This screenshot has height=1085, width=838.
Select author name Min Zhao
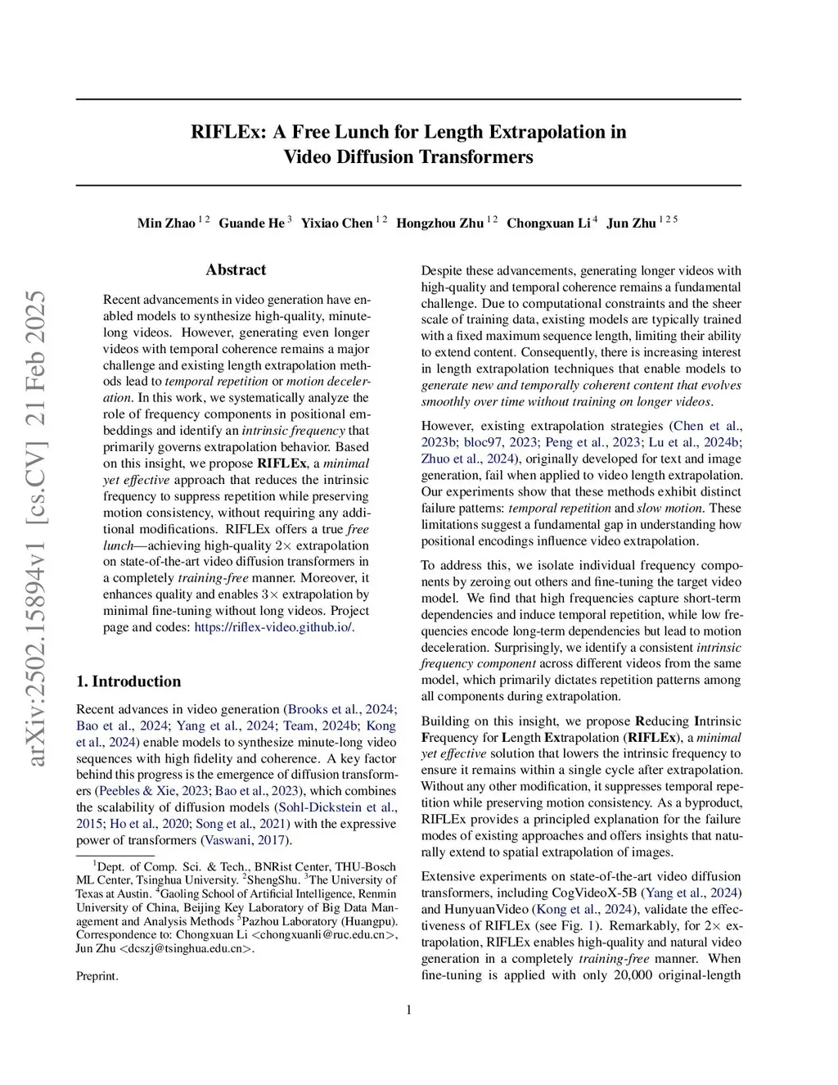click(166, 223)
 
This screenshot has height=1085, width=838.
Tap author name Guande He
click(251, 223)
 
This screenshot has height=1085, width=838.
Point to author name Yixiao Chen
click(336, 223)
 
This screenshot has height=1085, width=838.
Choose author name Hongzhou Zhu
click(439, 223)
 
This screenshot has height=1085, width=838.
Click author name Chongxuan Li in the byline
click(548, 223)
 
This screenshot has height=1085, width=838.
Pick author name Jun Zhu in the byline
click(631, 223)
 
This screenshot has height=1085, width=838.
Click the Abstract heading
click(236, 269)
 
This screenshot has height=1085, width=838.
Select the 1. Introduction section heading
click(128, 681)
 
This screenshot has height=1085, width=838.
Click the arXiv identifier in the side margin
click(35, 528)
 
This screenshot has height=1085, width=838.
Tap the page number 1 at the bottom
click(408, 1010)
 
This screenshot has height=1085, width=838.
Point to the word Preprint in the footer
click(97, 976)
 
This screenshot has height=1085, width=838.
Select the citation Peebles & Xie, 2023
click(154, 791)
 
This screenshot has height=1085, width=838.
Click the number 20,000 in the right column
click(635, 975)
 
